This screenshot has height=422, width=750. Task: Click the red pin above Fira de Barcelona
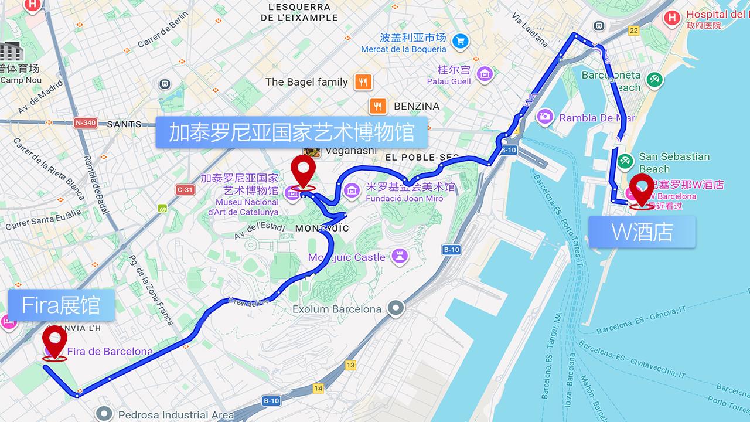[x=55, y=341]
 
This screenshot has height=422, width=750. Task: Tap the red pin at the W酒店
[x=642, y=189]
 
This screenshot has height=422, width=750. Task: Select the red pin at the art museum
[x=304, y=171]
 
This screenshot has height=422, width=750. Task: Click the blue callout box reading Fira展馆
[x=61, y=305]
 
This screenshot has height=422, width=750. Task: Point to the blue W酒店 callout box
[x=642, y=232]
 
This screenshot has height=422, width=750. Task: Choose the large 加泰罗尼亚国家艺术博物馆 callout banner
[x=292, y=132]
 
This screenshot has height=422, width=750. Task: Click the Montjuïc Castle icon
[x=400, y=256]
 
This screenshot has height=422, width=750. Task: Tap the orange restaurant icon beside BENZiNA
[x=378, y=106]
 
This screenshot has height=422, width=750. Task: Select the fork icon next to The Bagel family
[x=363, y=82]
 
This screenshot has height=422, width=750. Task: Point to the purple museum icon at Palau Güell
[x=485, y=74]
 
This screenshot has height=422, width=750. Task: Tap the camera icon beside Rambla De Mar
[x=545, y=117]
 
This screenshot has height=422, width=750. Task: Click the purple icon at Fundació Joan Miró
[x=352, y=189]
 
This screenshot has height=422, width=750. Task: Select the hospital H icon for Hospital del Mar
[x=672, y=18]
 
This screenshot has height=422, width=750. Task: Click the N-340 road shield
[x=85, y=123]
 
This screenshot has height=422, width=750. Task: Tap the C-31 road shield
[x=185, y=189]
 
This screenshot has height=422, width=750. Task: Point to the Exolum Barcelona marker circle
[x=397, y=308]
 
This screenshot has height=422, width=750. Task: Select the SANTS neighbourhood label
[x=124, y=124]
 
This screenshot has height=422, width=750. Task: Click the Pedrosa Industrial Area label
[x=176, y=414]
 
